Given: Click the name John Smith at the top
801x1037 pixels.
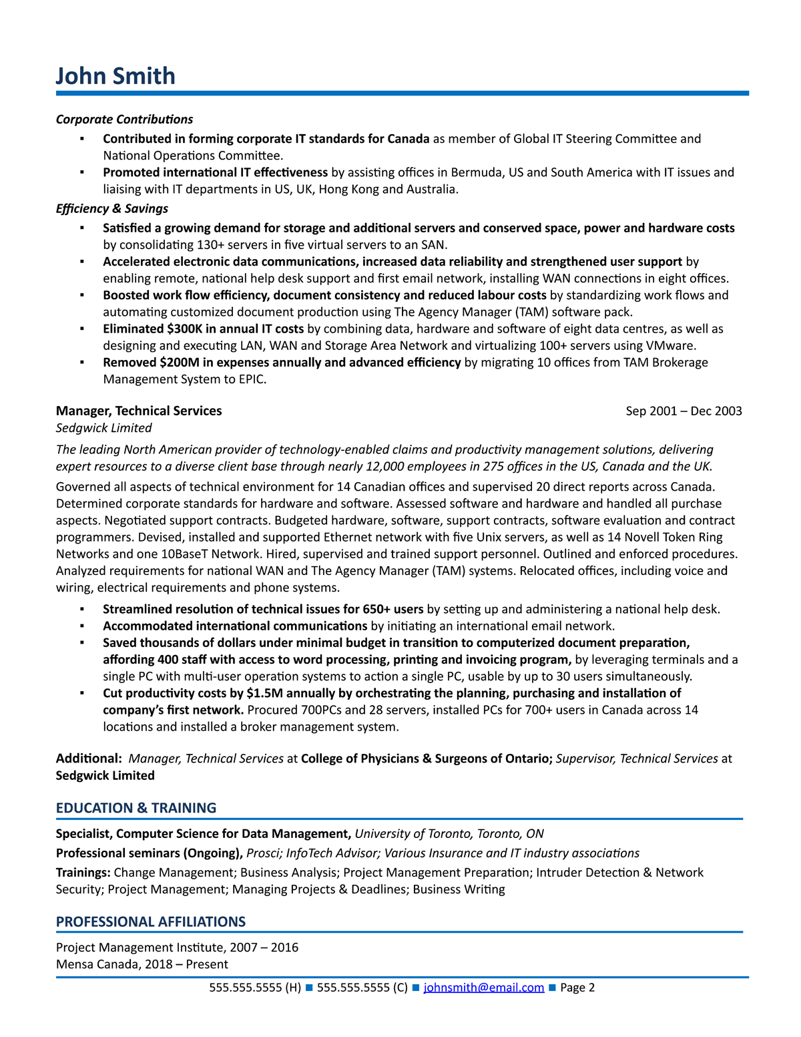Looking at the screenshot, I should tap(115, 76).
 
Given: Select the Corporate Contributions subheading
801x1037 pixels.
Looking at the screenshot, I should tap(124, 120).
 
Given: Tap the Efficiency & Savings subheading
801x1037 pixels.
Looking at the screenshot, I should tap(111, 209).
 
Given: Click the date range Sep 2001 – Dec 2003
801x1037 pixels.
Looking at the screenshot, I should tap(684, 411).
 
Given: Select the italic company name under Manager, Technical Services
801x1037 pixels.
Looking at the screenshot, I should tap(103, 428).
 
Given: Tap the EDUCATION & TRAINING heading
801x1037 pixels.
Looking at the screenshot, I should tap(136, 808).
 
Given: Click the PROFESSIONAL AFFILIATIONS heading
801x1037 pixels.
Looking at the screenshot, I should tap(151, 922).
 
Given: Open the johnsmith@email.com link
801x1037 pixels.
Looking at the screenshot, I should tap(483, 988).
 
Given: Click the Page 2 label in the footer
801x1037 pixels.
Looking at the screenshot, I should tap(577, 988).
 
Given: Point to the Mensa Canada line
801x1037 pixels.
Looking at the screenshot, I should tap(142, 964).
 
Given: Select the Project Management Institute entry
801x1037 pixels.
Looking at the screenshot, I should tap(177, 948).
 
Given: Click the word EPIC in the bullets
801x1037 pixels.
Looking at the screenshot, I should tap(252, 379).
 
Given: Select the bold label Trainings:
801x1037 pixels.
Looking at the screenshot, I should tap(83, 873).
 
